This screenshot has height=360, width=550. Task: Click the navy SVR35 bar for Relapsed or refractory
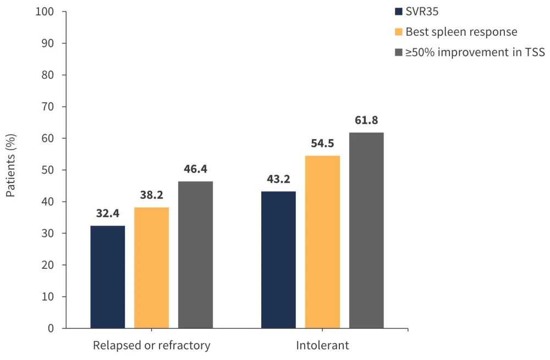108,277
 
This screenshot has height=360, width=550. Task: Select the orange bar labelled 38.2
151,268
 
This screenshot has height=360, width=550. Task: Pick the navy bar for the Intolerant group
278,259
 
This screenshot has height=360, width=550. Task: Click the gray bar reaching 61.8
366,230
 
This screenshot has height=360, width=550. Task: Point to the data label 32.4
108,213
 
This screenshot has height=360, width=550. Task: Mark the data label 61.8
366,120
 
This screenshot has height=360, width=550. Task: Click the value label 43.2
278,179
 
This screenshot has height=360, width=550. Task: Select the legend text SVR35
422,11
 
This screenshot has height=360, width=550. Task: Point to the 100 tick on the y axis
46,12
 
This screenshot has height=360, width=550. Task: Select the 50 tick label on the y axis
49,170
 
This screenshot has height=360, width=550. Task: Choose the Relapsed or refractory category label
151,346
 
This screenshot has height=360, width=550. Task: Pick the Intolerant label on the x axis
322,346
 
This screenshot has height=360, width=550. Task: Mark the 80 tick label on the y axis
49,75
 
